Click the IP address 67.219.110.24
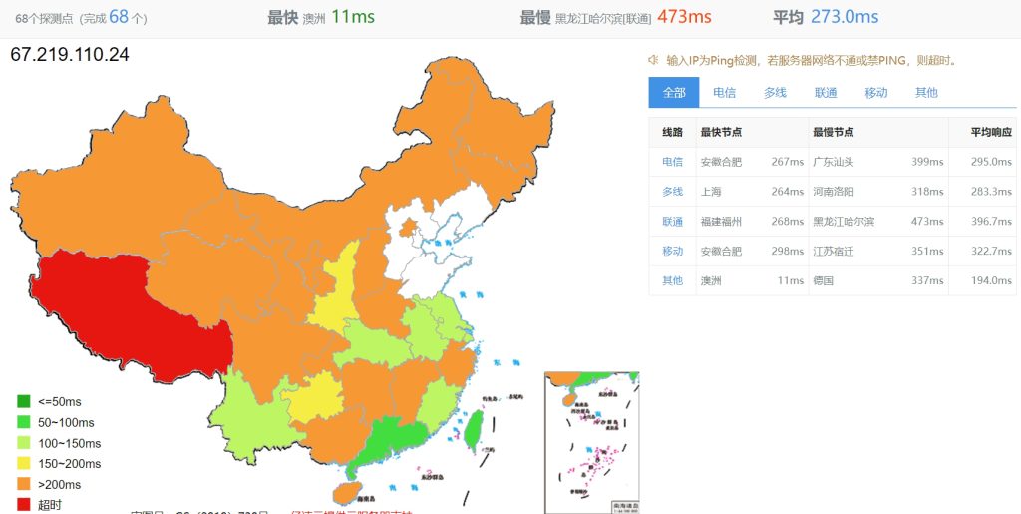coord(70,54)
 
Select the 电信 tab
coord(724,93)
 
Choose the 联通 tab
coord(826,93)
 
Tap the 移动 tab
coord(876,93)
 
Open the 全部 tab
coord(674,93)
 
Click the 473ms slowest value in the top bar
coord(684,17)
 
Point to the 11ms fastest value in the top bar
coord(352,17)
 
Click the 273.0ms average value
coord(845,17)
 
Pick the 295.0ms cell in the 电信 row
coord(991,162)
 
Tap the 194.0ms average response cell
coord(991,281)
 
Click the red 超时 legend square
coord(24,505)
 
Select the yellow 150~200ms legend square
coord(24,464)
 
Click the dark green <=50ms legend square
coord(24,402)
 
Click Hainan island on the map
coord(344,492)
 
